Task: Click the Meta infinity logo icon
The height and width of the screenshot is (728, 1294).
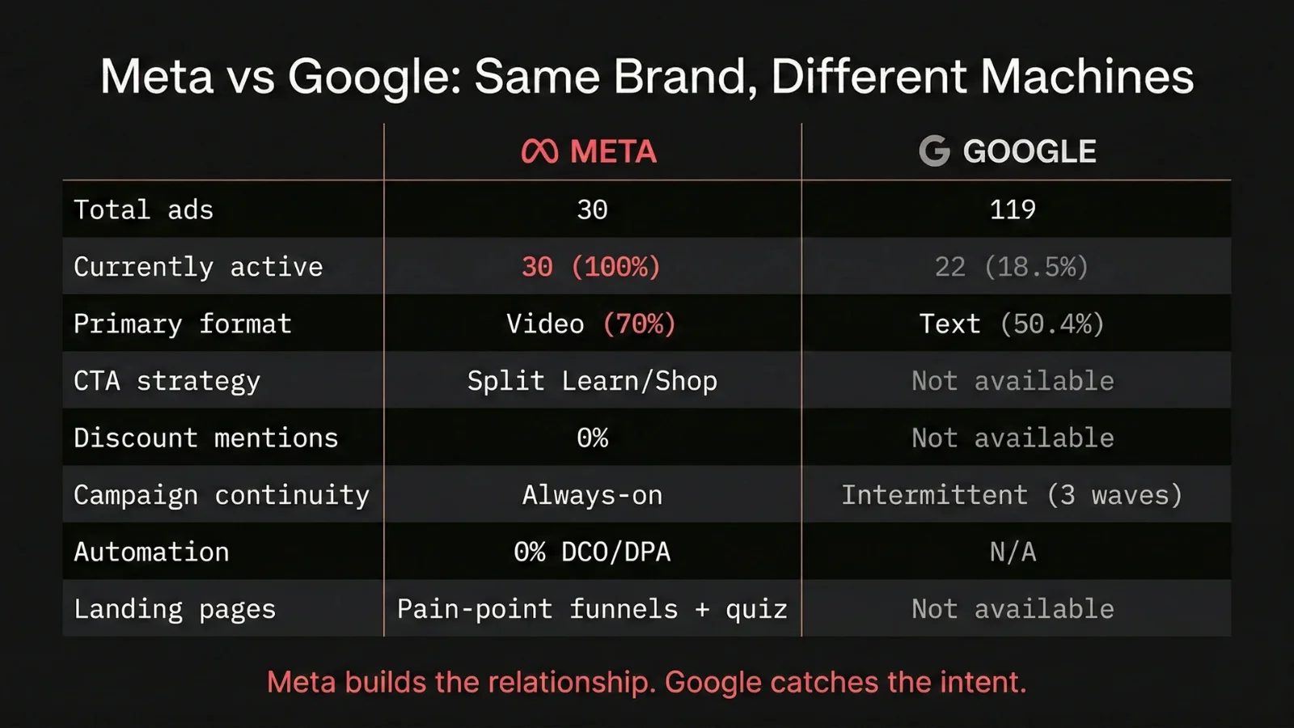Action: pyautogui.click(x=539, y=151)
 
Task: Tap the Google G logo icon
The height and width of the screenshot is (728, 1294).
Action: pyautogui.click(x=934, y=151)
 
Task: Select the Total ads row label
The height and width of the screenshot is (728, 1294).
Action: pyautogui.click(x=143, y=210)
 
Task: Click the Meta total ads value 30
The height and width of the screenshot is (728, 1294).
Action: pyautogui.click(x=592, y=210)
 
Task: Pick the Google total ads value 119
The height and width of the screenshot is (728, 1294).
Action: pyautogui.click(x=1013, y=210)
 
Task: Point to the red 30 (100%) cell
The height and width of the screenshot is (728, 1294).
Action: pyautogui.click(x=591, y=267)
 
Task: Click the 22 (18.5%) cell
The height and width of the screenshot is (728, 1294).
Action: pyautogui.click(x=1012, y=267)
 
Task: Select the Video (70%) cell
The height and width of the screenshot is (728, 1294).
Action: pyautogui.click(x=591, y=324)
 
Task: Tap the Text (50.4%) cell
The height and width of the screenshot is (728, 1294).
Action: pyautogui.click(x=1012, y=324)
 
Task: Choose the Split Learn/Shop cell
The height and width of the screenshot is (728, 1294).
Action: pyautogui.click(x=592, y=381)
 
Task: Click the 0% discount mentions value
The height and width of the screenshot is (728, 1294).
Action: pyautogui.click(x=592, y=438)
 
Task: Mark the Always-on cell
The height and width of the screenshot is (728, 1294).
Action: pyautogui.click(x=592, y=495)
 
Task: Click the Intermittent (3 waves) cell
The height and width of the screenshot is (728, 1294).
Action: pyautogui.click(x=1012, y=495)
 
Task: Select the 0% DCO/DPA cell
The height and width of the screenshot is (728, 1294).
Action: pyautogui.click(x=592, y=552)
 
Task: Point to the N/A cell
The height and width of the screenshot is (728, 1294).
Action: pyautogui.click(x=1013, y=552)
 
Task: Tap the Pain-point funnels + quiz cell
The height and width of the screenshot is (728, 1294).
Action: pyautogui.click(x=592, y=609)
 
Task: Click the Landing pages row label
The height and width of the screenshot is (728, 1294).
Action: pyautogui.click(x=175, y=609)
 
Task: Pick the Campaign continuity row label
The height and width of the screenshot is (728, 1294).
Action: pyautogui.click(x=222, y=495)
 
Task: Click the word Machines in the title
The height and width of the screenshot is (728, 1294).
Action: pyautogui.click(x=1087, y=77)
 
